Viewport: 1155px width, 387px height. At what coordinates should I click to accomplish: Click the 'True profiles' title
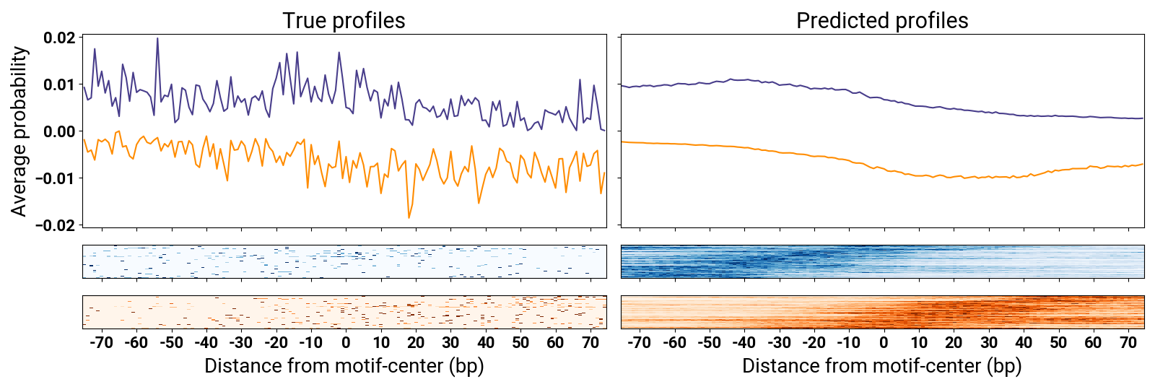click(x=344, y=20)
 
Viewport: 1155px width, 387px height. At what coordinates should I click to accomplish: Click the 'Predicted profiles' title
click(x=881, y=20)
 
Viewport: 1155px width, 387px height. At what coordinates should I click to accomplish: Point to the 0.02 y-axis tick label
click(x=59, y=38)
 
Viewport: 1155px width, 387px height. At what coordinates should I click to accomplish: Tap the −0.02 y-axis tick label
click(x=56, y=225)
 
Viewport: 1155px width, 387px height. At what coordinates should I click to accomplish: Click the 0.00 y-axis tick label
click(x=59, y=131)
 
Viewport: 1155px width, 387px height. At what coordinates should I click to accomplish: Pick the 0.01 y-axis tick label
click(x=59, y=85)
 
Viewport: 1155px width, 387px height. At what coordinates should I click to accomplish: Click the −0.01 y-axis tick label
click(x=56, y=178)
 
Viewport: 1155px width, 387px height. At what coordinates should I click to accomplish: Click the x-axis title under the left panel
click(x=344, y=365)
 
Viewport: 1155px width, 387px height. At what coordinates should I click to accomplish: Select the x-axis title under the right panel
click(x=881, y=365)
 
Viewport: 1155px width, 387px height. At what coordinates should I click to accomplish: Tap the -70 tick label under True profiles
click(x=101, y=342)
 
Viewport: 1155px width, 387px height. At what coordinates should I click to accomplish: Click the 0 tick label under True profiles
click(x=346, y=342)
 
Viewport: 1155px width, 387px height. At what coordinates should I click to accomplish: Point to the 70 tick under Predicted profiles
click(x=1128, y=342)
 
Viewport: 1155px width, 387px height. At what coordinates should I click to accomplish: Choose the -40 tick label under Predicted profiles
click(x=744, y=342)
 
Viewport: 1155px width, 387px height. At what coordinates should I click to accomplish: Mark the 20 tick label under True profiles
click(x=416, y=342)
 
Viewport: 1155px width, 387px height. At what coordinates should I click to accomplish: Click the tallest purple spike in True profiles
click(x=157, y=39)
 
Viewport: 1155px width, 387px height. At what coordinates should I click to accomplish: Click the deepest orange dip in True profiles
click(x=409, y=217)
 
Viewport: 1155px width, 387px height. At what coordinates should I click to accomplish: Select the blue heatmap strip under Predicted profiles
click(x=882, y=261)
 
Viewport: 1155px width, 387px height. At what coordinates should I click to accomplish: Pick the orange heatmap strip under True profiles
click(x=344, y=312)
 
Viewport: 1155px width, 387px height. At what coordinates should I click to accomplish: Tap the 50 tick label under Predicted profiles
click(x=1058, y=342)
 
